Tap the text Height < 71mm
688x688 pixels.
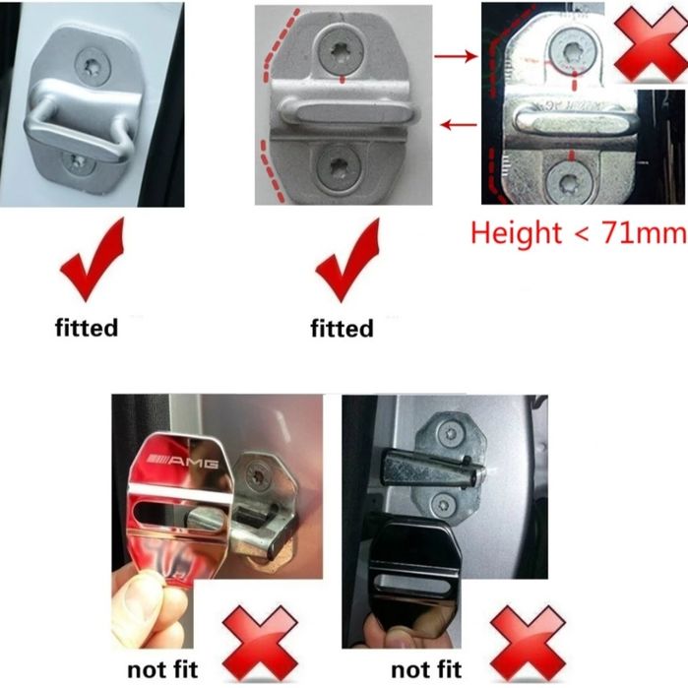tap(578, 233)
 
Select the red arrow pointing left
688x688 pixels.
tap(458, 124)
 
